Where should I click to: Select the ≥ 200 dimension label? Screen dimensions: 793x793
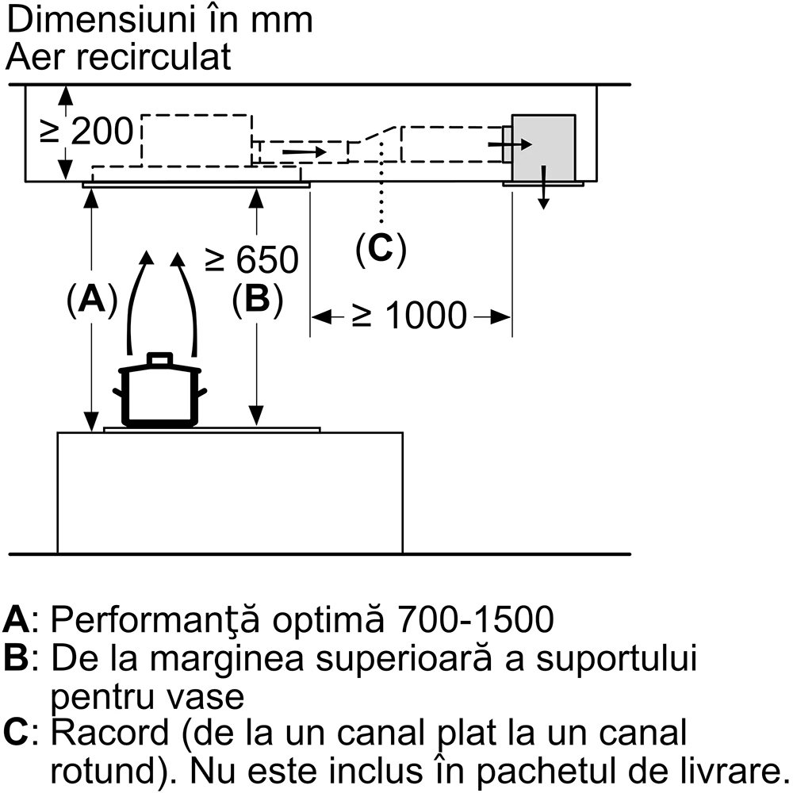pos(87,132)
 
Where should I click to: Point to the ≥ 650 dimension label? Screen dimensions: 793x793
pos(252,259)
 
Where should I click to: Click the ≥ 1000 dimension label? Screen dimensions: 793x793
pos(410,316)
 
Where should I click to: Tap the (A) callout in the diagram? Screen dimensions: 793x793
pos(92,299)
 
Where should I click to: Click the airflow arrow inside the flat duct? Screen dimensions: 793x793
pos(304,150)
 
